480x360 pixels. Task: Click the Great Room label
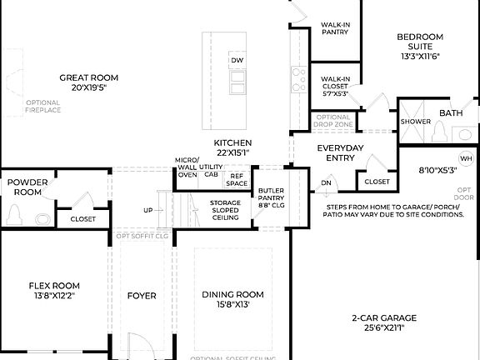coord(82,77)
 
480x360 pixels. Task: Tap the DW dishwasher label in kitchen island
coord(237,61)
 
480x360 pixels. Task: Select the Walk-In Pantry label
coord(335,29)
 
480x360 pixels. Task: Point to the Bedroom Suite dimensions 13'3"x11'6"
coord(419,57)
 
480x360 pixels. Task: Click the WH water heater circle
coord(465,158)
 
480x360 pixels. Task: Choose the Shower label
coord(415,121)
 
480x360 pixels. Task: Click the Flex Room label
coord(53,285)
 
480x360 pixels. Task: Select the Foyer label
coord(141,295)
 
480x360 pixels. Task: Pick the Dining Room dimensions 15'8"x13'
coord(232,305)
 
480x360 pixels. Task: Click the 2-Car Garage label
coord(383,317)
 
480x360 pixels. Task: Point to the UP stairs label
coord(148,210)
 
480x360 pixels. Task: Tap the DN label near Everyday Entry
coord(326,182)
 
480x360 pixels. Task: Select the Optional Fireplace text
coord(43,107)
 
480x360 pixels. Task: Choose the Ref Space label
coord(237,179)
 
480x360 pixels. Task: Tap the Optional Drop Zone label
coord(332,121)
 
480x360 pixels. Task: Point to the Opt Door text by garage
coord(465,193)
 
